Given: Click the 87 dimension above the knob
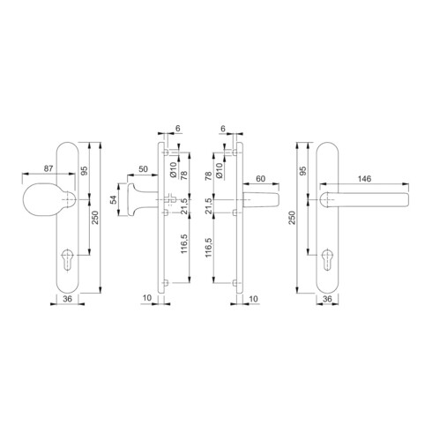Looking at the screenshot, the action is coord(48,168).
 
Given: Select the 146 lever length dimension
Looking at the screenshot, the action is coord(364,179).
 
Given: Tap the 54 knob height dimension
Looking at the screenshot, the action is coord(114,200).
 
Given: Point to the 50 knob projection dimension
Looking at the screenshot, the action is coord(143,169).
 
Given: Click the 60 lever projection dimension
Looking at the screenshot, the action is coord(261,179).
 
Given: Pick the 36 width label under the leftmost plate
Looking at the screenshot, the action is coord(67,299).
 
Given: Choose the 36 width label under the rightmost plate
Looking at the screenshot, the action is coord(327,299).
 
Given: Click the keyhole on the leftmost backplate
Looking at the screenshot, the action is coord(67,259).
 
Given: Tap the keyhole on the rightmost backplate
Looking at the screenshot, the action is coord(327,259).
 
